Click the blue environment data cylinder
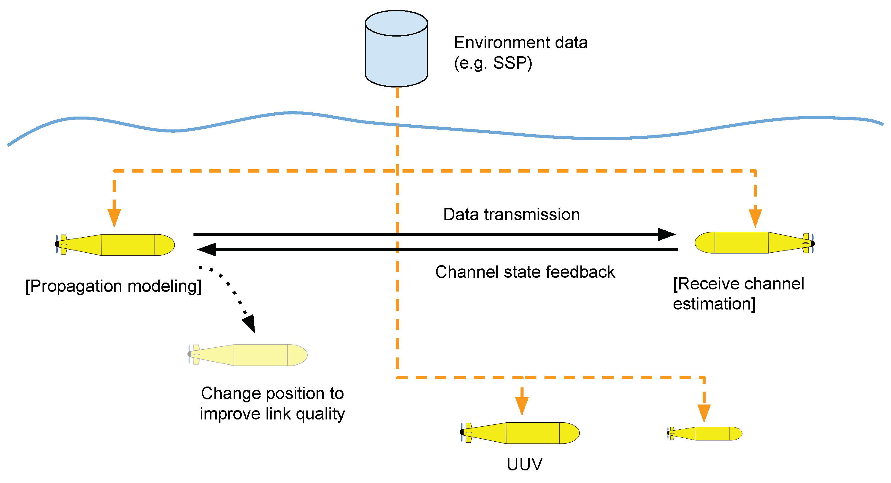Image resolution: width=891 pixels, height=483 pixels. (397, 52)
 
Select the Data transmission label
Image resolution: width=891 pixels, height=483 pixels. (511, 215)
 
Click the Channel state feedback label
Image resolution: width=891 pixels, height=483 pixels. (525, 272)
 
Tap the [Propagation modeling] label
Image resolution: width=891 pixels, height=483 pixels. (114, 286)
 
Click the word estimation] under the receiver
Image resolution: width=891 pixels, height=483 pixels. (714, 304)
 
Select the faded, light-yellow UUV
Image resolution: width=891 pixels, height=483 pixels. (249, 355)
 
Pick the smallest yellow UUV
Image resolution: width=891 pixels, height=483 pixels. (706, 433)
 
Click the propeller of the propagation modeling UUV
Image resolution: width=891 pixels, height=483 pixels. (57, 244)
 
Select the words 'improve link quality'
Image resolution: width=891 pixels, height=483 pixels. (272, 414)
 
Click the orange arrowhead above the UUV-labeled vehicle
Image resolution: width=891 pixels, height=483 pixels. (522, 405)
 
